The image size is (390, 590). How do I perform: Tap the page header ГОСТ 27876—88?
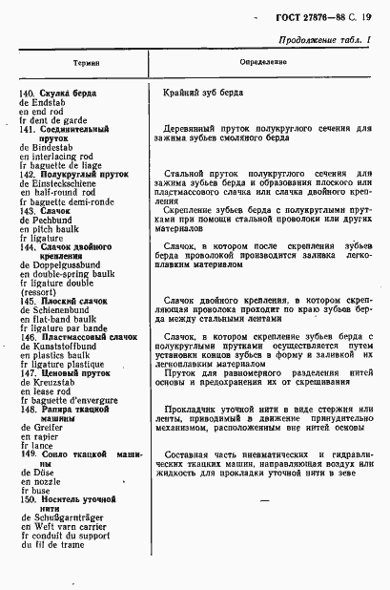coord(307,11)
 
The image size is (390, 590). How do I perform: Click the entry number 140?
coord(28,93)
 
